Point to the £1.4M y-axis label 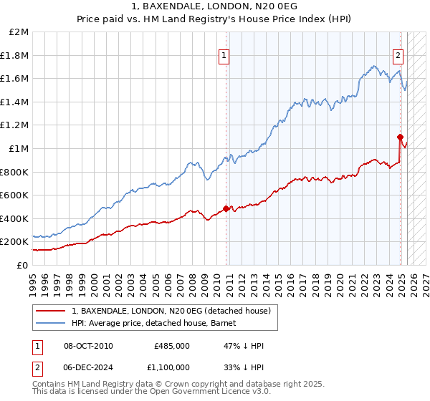(x=15, y=102)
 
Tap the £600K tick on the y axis (x=15, y=195)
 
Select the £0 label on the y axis (x=21, y=265)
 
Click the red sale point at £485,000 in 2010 (x=226, y=208)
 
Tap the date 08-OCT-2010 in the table (x=88, y=346)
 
